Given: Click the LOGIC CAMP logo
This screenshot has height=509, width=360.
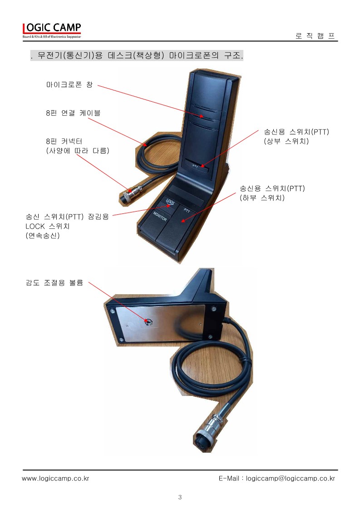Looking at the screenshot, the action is coord(52,30).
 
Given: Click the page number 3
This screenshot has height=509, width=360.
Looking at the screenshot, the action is coord(180,497).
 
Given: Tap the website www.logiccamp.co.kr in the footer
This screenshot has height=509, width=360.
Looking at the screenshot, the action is coord(55,479).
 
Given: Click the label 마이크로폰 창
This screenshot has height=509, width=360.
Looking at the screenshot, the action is coord(69,85).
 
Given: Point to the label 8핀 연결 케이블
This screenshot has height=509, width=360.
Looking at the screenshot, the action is coord(73,113).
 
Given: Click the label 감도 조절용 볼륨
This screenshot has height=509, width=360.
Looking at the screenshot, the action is coord(54,283).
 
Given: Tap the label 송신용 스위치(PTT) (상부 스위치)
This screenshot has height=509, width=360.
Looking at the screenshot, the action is coord(296,136).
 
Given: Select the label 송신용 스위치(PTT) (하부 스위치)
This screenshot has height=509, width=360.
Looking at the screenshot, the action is coord(272,193).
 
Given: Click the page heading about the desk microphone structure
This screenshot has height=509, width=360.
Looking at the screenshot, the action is coord(137,55).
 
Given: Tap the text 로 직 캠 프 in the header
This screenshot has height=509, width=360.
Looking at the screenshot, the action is coord(315,36).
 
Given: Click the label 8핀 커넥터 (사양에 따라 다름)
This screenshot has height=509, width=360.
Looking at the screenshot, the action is coord(78,146).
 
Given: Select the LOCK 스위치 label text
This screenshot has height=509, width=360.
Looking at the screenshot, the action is coord(47,226).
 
